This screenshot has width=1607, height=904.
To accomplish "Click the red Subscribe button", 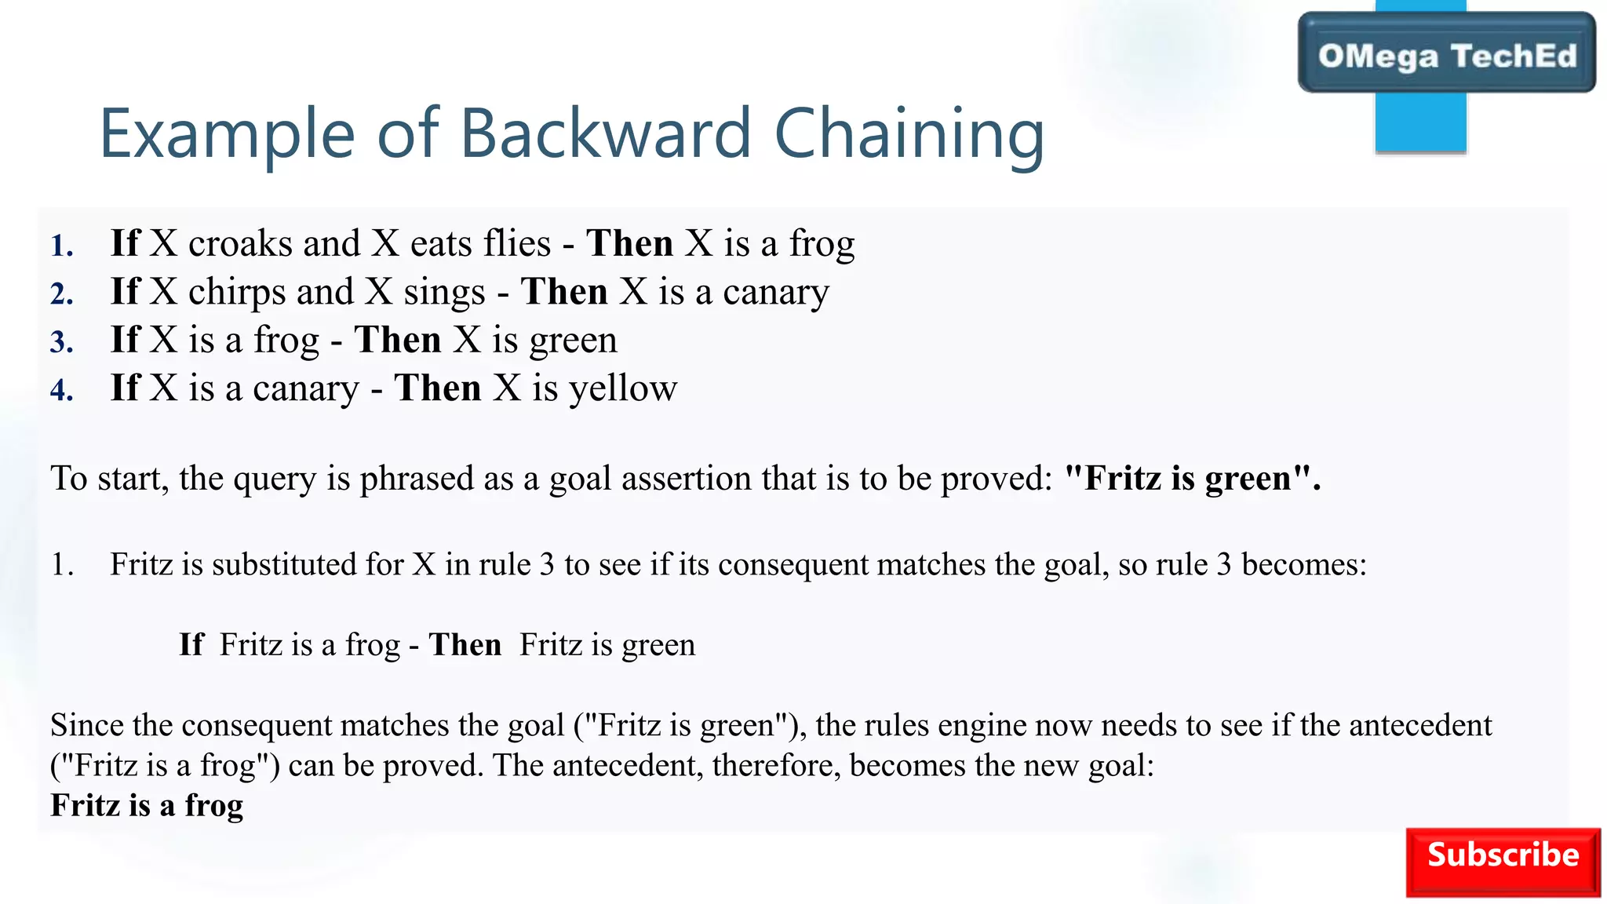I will (x=1502, y=862).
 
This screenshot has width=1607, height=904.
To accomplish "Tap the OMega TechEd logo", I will (x=1446, y=55).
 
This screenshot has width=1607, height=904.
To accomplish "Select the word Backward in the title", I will (x=605, y=133).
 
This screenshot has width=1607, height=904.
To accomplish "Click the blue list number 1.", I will (x=62, y=246).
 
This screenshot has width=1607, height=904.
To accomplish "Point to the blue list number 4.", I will (x=62, y=391).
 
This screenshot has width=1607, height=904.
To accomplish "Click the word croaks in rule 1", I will (x=240, y=243).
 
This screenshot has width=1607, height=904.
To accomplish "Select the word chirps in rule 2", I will (x=237, y=292).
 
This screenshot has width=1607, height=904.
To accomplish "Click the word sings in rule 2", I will (x=444, y=292).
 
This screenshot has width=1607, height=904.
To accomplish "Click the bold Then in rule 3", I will (x=397, y=340).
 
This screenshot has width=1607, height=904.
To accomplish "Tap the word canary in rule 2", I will (x=775, y=292).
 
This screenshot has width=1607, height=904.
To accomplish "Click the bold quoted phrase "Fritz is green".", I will (x=1191, y=478).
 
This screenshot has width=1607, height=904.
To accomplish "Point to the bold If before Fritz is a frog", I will (x=191, y=644).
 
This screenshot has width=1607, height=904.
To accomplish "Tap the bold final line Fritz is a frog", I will (x=147, y=805).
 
